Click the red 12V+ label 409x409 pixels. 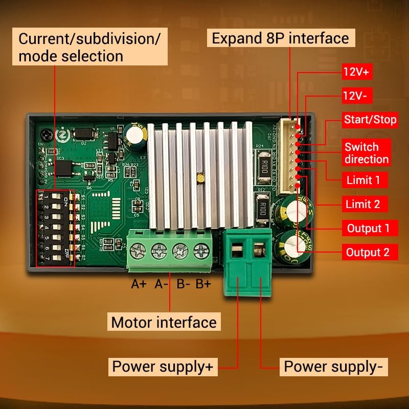356,72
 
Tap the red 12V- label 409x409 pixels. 357,96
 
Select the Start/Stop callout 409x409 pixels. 370,120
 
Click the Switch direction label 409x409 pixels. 366,153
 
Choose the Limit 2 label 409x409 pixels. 363,204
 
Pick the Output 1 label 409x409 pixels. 368,228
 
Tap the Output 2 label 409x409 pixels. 368,252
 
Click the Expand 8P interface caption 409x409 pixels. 280,38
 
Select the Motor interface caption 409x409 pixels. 164,323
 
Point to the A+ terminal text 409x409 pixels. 139,284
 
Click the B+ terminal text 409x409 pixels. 203,284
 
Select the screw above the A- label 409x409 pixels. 160,251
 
